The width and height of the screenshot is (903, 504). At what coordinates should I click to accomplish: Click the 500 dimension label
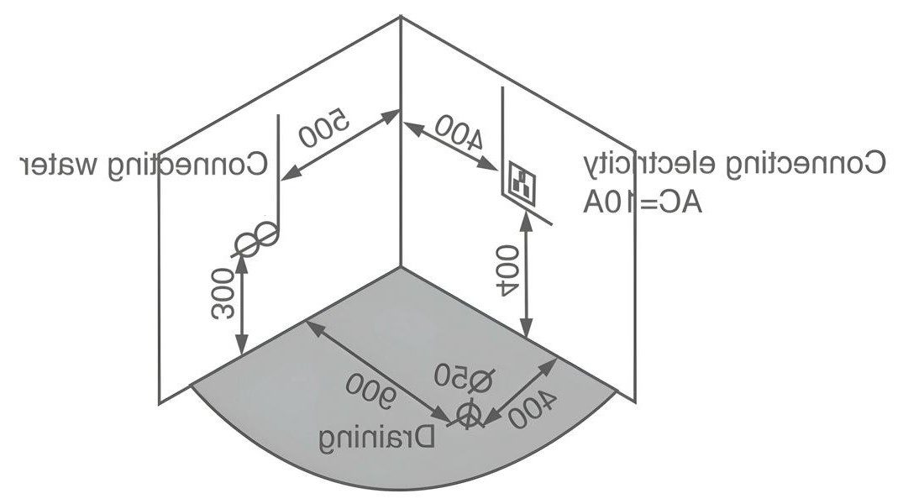324,127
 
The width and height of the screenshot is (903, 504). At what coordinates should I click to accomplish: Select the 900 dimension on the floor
372,391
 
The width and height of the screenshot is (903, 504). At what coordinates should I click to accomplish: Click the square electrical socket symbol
523,182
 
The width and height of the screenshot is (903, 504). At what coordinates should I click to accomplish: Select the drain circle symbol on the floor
469,415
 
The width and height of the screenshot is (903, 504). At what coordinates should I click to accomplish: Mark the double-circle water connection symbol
256,239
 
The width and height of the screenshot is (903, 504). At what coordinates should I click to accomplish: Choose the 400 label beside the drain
532,410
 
